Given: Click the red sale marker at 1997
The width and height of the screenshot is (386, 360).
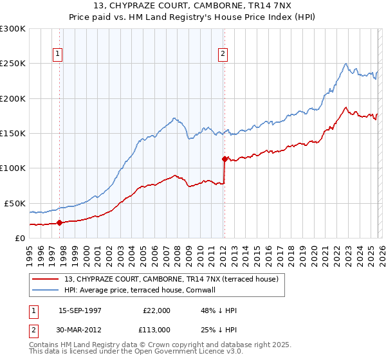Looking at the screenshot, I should (60, 222).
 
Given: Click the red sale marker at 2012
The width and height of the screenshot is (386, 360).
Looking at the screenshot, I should (225, 159).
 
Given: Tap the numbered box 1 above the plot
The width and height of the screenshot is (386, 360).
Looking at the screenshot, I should (58, 55).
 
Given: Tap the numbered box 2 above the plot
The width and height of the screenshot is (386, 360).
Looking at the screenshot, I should (223, 55).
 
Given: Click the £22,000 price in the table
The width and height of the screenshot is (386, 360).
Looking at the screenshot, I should (156, 310).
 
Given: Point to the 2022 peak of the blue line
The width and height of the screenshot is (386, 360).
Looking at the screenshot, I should (346, 64).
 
